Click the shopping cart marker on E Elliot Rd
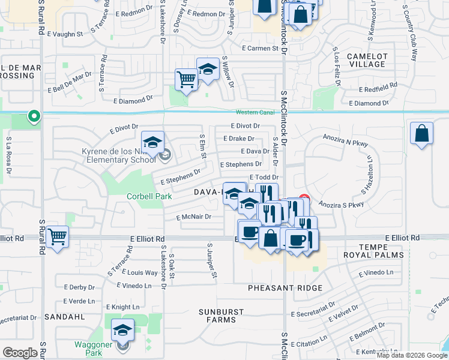tap(57, 237)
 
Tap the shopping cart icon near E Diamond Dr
tap(187, 80)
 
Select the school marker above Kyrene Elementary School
tap(153, 143)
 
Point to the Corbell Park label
tap(149, 196)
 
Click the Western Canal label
tap(255, 112)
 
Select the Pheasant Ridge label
tap(285, 289)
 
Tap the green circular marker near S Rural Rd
tap(34, 116)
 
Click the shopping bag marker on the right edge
tap(422, 134)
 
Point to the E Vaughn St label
tap(67, 34)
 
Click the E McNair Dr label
tap(193, 217)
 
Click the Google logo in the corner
tap(21, 353)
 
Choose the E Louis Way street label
tap(139, 272)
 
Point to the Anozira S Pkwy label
tap(342, 205)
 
